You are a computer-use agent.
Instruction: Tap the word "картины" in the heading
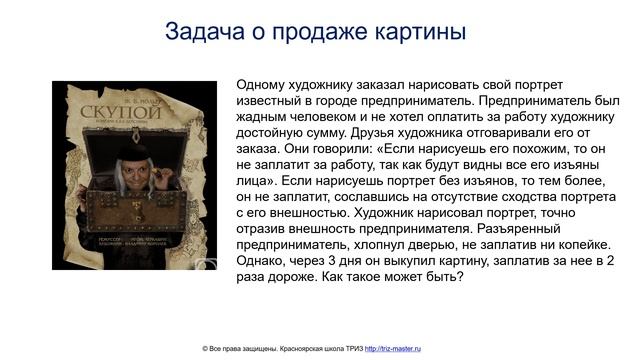point(421,32)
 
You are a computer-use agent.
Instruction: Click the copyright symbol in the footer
point(205,348)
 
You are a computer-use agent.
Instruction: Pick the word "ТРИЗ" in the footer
point(355,348)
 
